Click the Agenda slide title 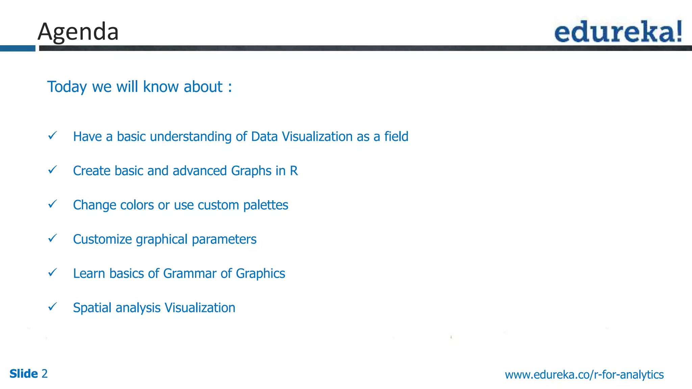[78, 32]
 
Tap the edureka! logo [618, 31]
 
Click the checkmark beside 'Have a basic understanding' [53, 136]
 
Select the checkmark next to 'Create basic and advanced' [53, 170]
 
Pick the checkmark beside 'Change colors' [53, 204]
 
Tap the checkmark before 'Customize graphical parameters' [53, 238]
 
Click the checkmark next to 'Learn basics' [53, 273]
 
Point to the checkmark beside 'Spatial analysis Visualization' [53, 307]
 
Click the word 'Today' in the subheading [67, 87]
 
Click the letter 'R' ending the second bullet [294, 171]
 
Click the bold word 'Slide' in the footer [24, 374]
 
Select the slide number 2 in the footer [44, 374]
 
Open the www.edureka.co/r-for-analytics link [584, 374]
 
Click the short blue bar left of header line [18, 48]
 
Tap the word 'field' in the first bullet [396, 137]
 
